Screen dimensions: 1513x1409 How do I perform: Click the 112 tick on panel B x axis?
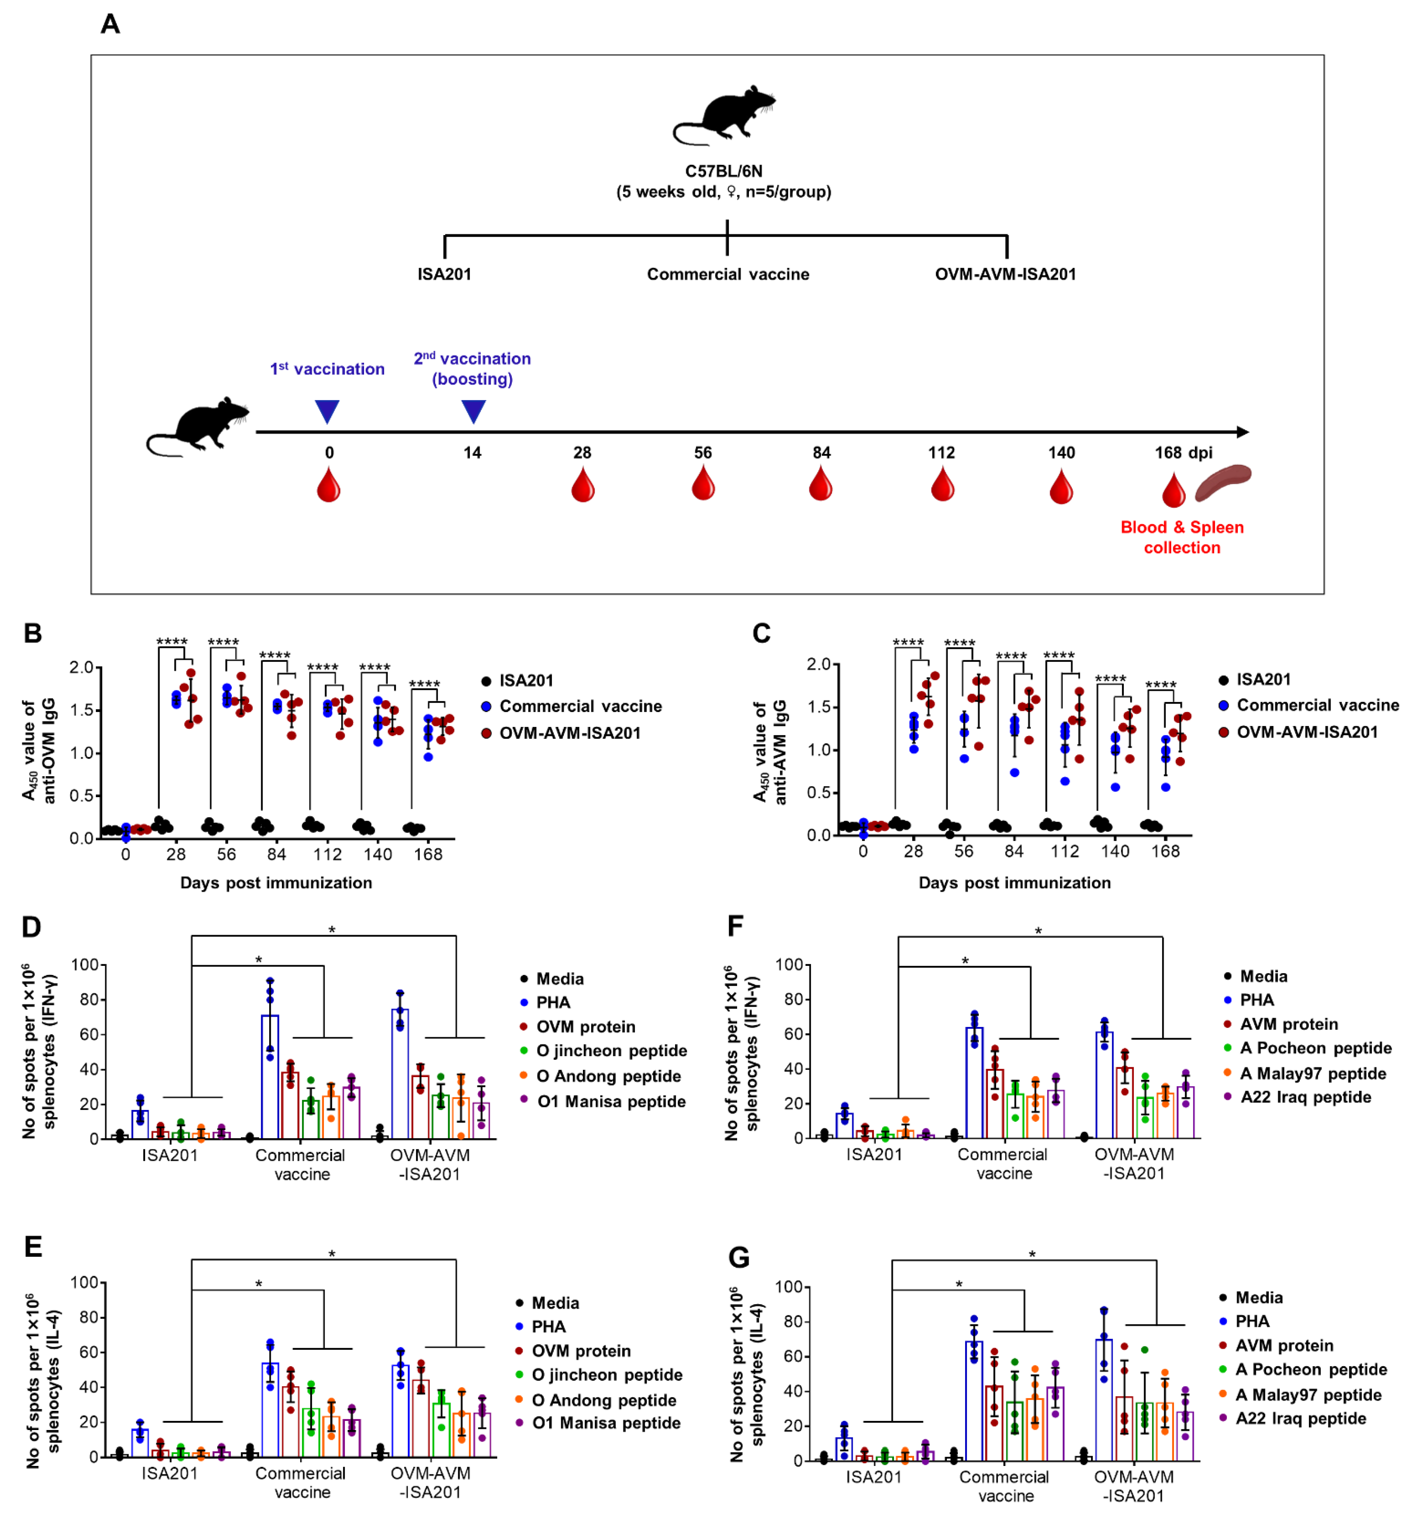[327, 854]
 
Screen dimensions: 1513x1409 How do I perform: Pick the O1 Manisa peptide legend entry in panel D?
[611, 1101]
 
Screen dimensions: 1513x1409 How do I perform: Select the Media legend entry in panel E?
[554, 1303]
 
